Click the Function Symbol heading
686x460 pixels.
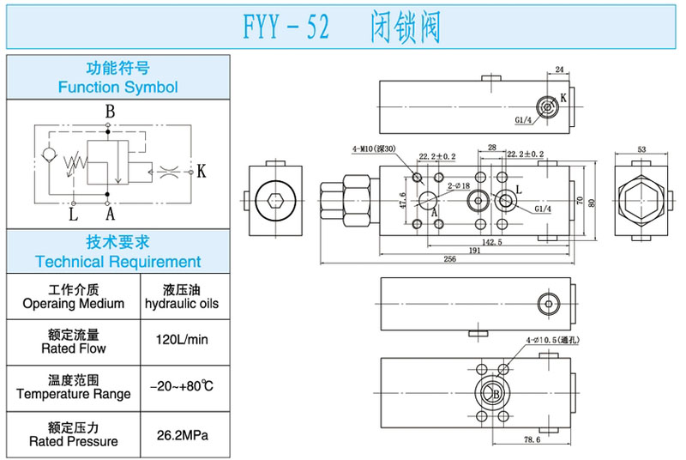(117, 87)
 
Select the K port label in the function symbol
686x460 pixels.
(202, 171)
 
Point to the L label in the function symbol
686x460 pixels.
(73, 213)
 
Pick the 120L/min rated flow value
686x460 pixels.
(182, 340)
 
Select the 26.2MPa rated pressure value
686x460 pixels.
(182, 435)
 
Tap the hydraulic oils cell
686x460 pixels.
(182, 297)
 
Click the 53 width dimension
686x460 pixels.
(641, 148)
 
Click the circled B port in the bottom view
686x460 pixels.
(494, 394)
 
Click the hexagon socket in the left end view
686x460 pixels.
(274, 202)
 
